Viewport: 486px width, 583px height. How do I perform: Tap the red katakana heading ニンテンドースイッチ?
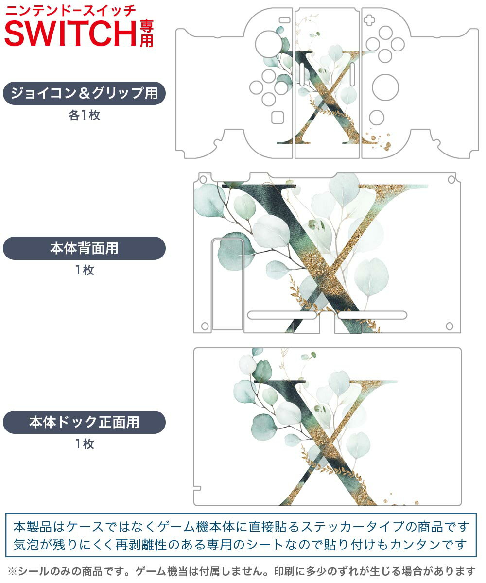click(x=70, y=11)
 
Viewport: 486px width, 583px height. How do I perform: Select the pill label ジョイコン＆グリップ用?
click(x=84, y=93)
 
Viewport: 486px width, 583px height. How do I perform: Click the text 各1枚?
click(x=85, y=115)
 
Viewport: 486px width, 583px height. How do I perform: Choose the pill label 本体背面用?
click(x=84, y=248)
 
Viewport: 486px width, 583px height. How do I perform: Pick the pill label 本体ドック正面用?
click(x=84, y=422)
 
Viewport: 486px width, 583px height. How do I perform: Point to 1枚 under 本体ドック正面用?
click(x=85, y=444)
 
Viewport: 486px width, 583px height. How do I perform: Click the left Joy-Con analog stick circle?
click(x=268, y=44)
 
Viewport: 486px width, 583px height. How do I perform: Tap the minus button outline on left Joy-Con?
click(x=285, y=20)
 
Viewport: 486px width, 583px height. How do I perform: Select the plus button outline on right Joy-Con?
click(x=369, y=20)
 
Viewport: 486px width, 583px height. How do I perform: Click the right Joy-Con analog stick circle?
click(x=385, y=87)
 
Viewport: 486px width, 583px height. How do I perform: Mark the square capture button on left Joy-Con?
click(x=278, y=118)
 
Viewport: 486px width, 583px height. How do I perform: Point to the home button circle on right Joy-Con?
click(x=377, y=118)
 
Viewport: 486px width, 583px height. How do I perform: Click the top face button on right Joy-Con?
click(x=385, y=33)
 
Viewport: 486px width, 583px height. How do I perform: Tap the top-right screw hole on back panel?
click(x=451, y=180)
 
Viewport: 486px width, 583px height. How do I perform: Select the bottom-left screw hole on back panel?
click(x=205, y=326)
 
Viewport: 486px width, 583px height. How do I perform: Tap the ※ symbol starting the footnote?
click(x=12, y=571)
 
